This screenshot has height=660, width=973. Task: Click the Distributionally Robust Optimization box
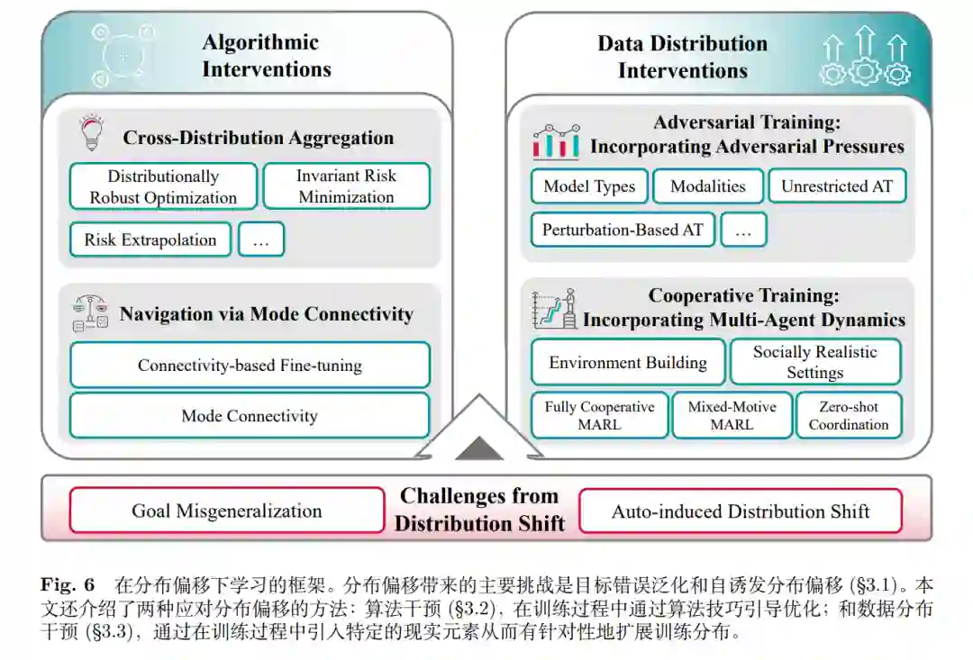tap(163, 186)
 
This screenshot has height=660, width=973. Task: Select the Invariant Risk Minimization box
tap(346, 185)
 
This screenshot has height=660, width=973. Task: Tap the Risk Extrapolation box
tap(150, 240)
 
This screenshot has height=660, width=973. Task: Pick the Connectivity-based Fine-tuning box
tap(250, 365)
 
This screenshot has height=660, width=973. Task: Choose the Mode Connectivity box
tap(250, 415)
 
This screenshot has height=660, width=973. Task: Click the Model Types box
tap(589, 186)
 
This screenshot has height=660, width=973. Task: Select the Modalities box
tap(708, 186)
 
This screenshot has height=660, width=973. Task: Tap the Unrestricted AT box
tap(837, 186)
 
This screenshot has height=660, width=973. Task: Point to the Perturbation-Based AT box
tap(623, 229)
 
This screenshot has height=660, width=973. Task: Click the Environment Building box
tap(628, 362)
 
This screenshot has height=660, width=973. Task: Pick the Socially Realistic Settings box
tap(815, 362)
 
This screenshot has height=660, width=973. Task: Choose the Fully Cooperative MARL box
tap(599, 415)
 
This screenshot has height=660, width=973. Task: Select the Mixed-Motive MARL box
tap(732, 415)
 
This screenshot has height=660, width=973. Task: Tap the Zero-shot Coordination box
tap(848, 415)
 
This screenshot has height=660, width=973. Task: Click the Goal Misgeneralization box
tap(227, 511)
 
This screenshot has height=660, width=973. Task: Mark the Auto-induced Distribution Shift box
tap(741, 511)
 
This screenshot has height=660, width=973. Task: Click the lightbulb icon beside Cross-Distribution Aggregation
tap(90, 132)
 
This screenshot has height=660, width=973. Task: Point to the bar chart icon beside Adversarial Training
tap(555, 140)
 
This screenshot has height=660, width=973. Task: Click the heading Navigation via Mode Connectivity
tap(267, 314)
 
